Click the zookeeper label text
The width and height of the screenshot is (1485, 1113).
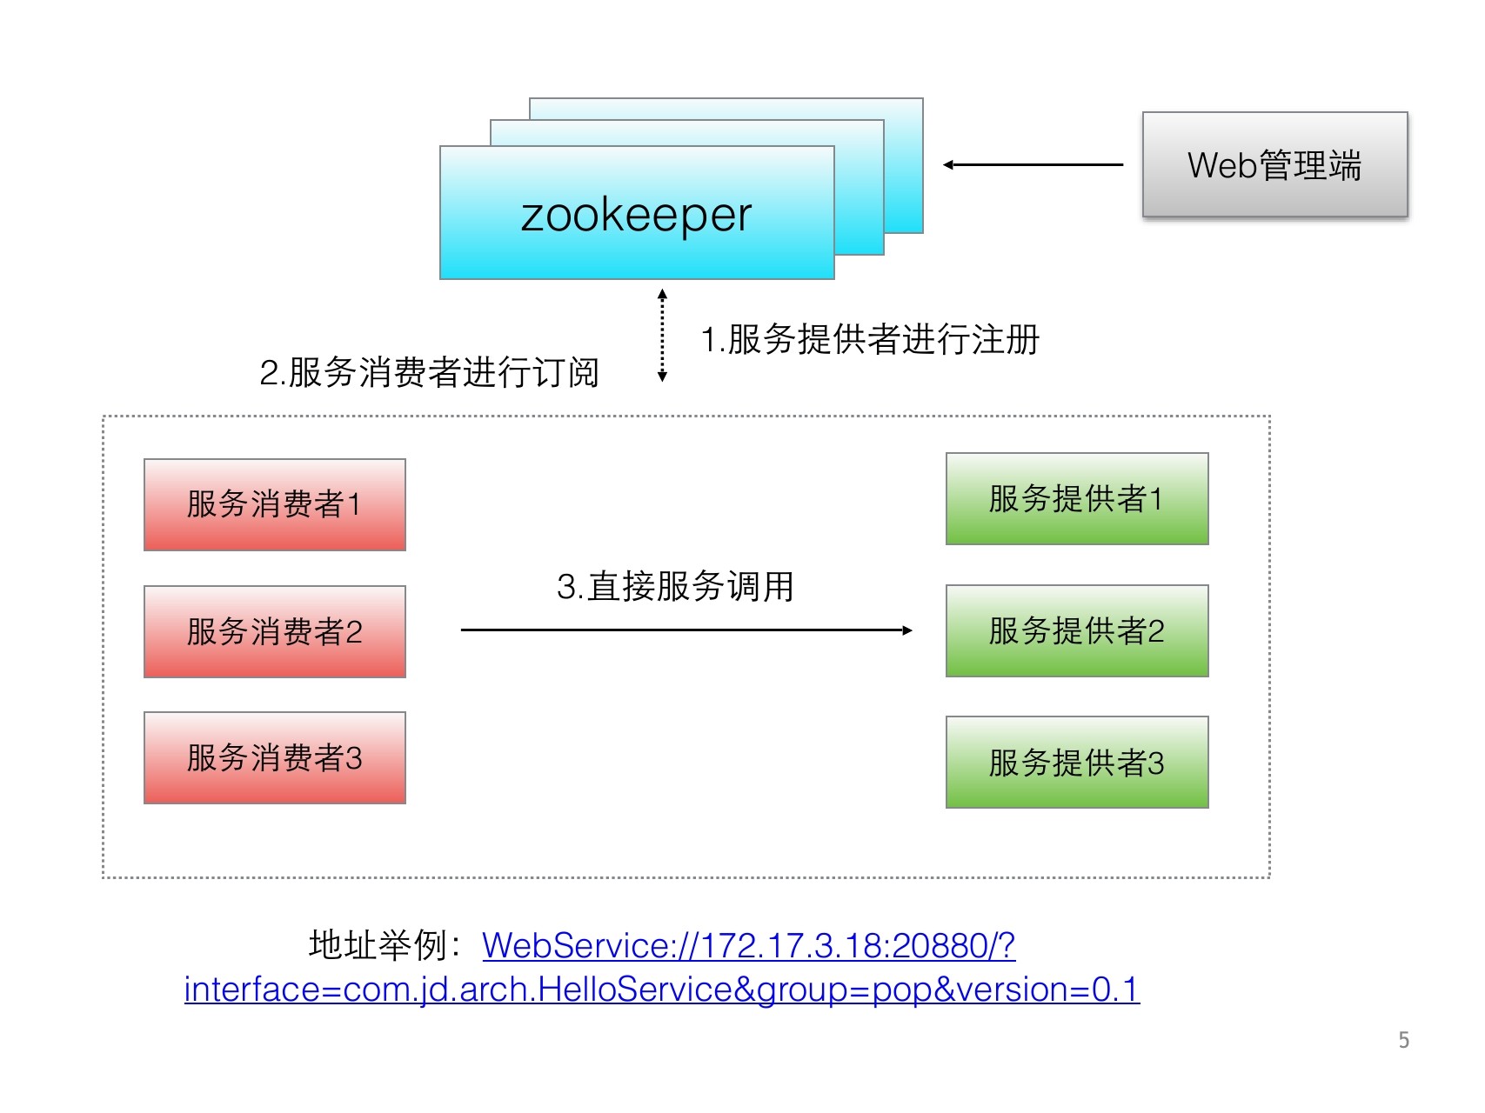[x=636, y=215]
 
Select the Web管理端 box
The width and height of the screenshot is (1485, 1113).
[x=1274, y=164]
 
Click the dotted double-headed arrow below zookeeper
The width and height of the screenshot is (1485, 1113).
[x=662, y=336]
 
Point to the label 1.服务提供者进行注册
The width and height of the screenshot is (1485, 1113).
[x=870, y=339]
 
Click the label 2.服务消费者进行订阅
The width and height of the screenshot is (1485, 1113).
[x=429, y=372]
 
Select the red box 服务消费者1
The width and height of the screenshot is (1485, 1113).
[x=274, y=504]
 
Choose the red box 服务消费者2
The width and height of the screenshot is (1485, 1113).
[x=274, y=631]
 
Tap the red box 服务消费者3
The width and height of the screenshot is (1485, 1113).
[x=274, y=757]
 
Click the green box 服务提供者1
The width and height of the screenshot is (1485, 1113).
[x=1076, y=499]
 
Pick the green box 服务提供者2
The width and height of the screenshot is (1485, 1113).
[x=1076, y=630]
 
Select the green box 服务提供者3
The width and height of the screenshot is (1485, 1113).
[x=1076, y=763]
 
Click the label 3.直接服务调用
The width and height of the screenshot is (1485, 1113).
[x=675, y=587]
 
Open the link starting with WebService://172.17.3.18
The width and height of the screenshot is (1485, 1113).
[x=748, y=945]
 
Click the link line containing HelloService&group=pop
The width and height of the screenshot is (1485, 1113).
[x=661, y=990]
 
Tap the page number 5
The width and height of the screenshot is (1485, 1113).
[x=1403, y=1040]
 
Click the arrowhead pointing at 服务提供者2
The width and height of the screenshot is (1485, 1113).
[x=907, y=630]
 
